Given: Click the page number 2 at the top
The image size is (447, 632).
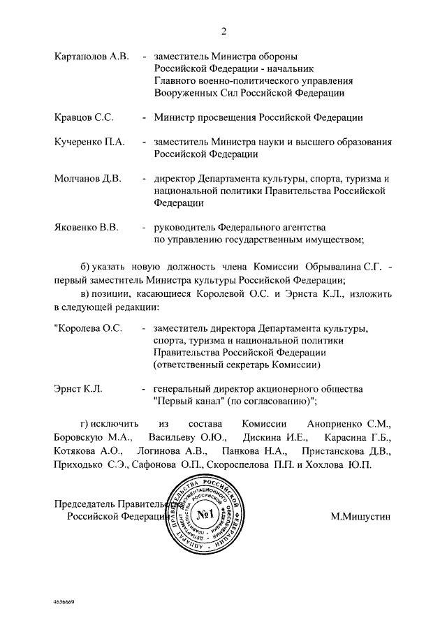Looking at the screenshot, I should pos(224,31).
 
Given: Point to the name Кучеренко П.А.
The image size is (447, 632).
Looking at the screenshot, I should pos(89,142).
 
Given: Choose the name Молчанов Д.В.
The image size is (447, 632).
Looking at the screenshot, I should pos(88,178).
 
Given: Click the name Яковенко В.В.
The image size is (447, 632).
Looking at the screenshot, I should pos(87,228).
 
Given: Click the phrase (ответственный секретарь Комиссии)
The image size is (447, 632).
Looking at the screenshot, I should pos(237,365).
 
